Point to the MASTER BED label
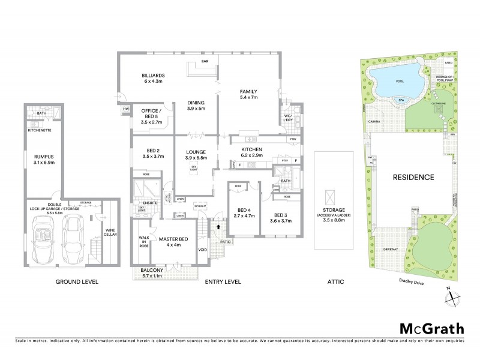[x=173, y=239]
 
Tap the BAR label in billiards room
[x=205, y=61]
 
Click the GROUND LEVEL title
[x=77, y=281]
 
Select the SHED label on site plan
[x=448, y=62]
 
